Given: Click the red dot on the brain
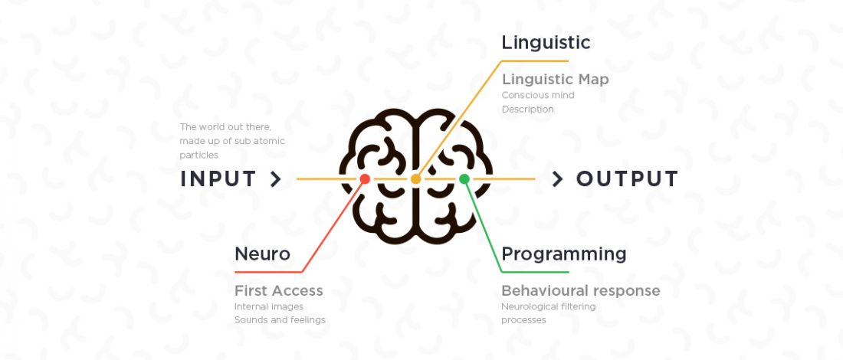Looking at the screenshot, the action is pos(365,179).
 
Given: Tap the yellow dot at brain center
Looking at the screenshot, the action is pos(415,179).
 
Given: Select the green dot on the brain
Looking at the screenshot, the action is pos(464,179).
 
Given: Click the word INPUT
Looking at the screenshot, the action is pos(218,179).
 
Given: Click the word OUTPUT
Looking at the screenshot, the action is pos(628,179).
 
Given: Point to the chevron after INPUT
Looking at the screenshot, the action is pos(276,179).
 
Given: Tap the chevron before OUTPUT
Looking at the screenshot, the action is pos(557,179).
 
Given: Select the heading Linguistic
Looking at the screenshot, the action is pos(546,43).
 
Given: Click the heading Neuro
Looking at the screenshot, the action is pos(262,254).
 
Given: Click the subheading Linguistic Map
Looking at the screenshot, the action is pos(556,80).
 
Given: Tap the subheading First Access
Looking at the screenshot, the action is pos(279,291).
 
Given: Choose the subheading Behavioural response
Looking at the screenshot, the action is pos(581,291).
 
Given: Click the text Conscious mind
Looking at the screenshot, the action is pos(538,95).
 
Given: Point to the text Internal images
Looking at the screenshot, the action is pos(269,307).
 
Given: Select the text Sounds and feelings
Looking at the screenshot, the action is pos(280,320).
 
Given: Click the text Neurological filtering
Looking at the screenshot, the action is pos(549,307).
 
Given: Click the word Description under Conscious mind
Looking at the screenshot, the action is pos(528,109).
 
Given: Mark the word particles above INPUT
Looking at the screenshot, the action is pos(199,155).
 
